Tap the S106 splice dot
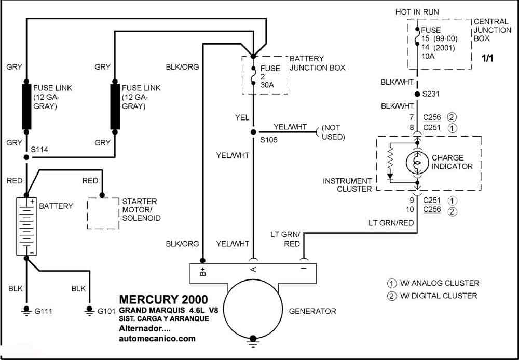[x=253, y=131]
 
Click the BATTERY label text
[x=56, y=206]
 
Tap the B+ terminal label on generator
[x=203, y=271]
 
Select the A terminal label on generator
[x=253, y=270]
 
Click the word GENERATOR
[x=312, y=311]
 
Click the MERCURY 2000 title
[x=163, y=300]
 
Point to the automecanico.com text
[x=157, y=338]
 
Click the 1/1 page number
[x=488, y=59]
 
